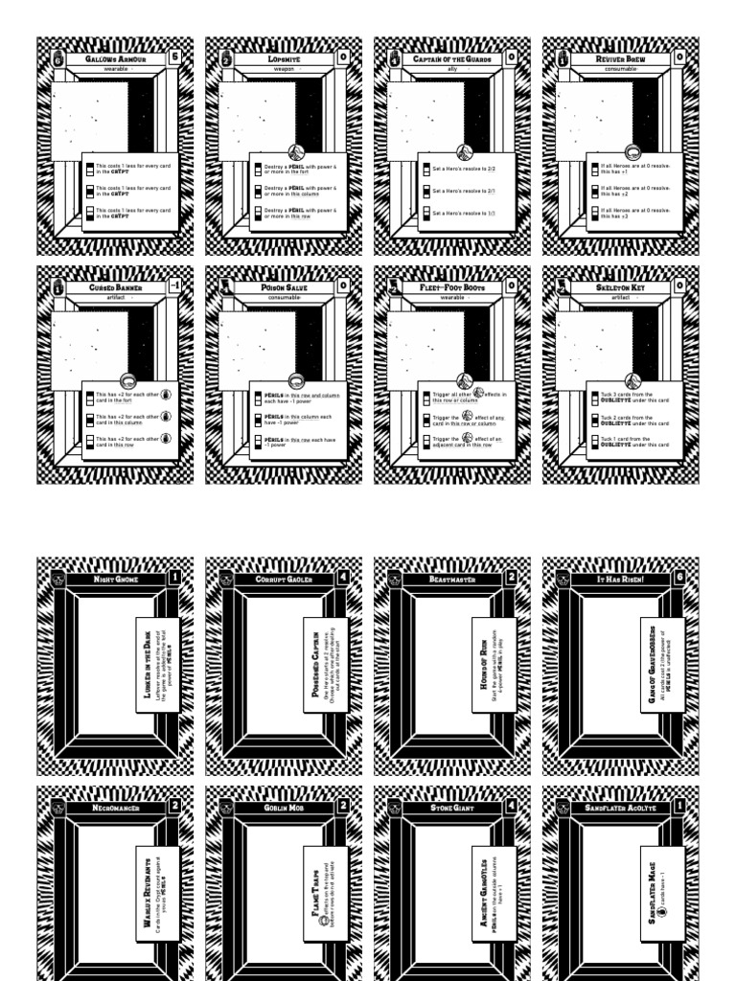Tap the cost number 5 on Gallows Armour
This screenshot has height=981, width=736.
[174, 57]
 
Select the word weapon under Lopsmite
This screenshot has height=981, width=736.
[283, 69]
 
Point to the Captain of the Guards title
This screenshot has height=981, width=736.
[452, 58]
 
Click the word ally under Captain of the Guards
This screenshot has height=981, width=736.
[452, 69]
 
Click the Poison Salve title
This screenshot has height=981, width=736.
[284, 286]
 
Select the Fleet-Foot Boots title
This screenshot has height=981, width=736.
[452, 286]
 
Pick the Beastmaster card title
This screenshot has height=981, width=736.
[452, 580]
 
